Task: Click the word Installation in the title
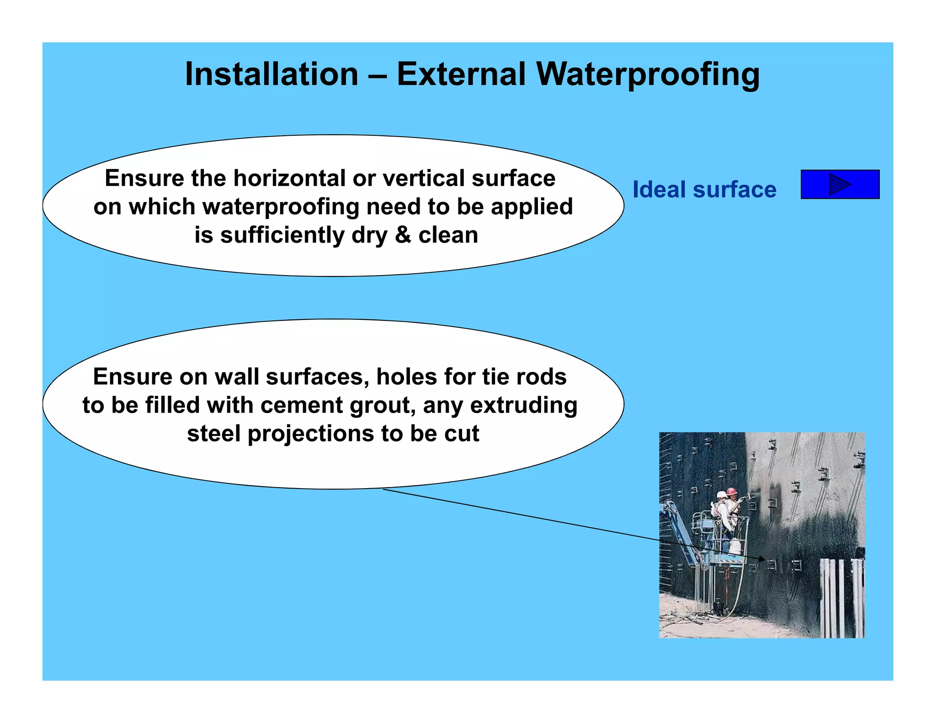point(271,74)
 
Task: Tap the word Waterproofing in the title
point(648,74)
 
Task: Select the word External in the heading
point(461,74)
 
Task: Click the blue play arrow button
point(840,184)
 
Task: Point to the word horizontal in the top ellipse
point(289,178)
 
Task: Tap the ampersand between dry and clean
point(403,235)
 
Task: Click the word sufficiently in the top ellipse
point(282,235)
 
